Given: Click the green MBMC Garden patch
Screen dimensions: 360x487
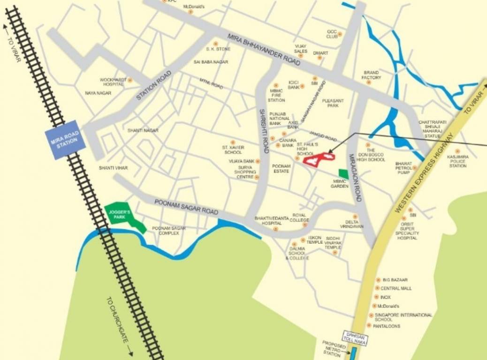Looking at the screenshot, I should pos(344,173).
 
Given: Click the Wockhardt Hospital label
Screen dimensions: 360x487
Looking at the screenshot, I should pos(113,82).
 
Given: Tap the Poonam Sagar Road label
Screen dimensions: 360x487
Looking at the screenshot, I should pos(186,205).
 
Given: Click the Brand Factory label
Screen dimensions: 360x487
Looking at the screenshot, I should pos(372,75).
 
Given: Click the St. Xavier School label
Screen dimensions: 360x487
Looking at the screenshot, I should pos(233,150).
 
